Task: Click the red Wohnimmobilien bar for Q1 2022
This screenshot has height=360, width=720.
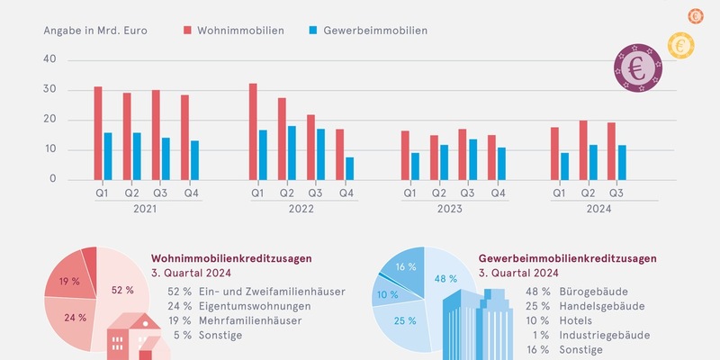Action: (x=253, y=131)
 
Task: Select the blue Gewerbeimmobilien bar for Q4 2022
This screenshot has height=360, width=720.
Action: (x=349, y=168)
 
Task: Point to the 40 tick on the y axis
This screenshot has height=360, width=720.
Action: (x=49, y=59)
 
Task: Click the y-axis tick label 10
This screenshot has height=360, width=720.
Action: (x=49, y=149)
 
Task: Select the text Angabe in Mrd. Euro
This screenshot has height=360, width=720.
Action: (x=95, y=30)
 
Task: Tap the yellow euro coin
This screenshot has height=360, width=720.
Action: (x=681, y=42)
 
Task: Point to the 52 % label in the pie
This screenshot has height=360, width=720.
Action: (x=122, y=290)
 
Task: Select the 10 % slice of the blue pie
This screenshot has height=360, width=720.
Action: (x=388, y=294)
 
